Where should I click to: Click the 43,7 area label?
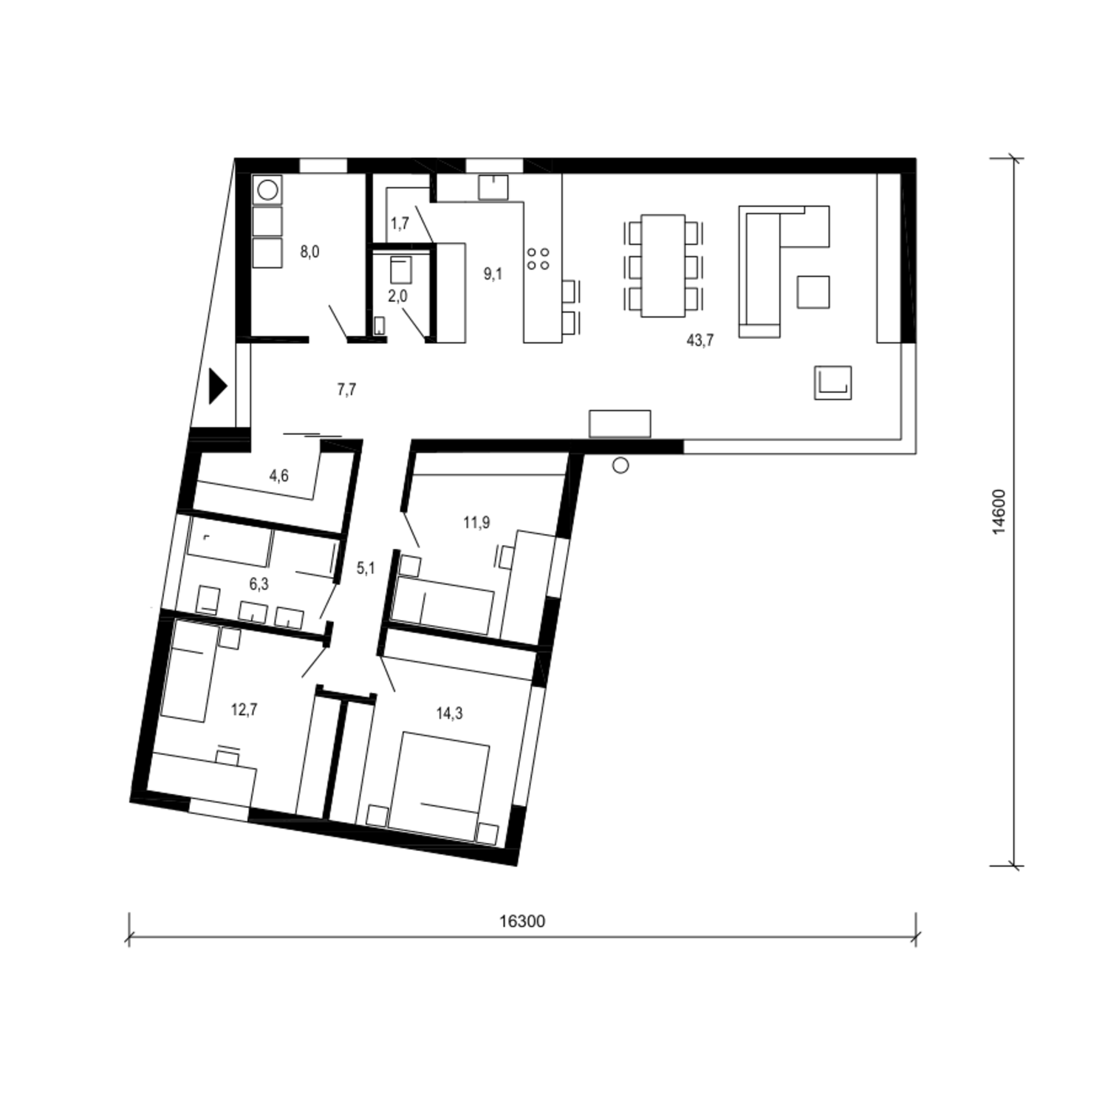click(x=700, y=341)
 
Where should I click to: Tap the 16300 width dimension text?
click(x=522, y=921)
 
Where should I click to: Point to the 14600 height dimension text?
click(x=999, y=512)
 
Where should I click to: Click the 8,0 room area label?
click(x=310, y=252)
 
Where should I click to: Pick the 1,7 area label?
click(x=400, y=223)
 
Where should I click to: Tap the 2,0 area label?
click(x=397, y=296)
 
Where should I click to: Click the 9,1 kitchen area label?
click(x=493, y=274)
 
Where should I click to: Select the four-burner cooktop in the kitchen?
click(x=538, y=258)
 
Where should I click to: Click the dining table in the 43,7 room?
click(x=663, y=265)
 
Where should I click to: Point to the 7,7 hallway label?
click(x=346, y=389)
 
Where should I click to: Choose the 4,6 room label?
click(x=278, y=476)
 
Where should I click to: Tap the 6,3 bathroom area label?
click(x=259, y=584)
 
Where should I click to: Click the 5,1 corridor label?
click(x=366, y=568)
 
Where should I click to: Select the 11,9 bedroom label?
click(x=476, y=523)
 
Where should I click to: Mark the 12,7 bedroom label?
click(x=244, y=711)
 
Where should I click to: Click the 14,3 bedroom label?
click(x=449, y=714)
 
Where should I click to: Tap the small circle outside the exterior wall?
click(x=620, y=465)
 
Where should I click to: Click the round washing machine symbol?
click(x=267, y=191)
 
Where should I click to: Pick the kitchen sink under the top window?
click(x=493, y=187)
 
